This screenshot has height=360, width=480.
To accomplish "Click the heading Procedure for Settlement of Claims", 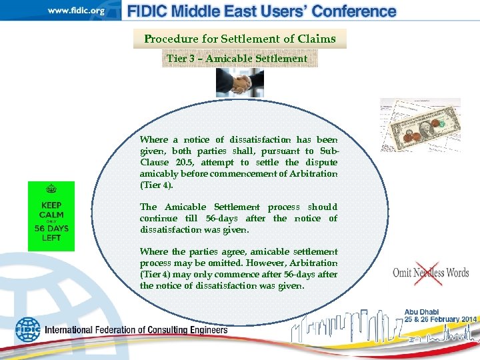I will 240,39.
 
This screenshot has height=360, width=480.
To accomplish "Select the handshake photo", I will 240,83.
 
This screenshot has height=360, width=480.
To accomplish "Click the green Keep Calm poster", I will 51,216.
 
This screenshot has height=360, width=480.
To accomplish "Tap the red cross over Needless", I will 428,273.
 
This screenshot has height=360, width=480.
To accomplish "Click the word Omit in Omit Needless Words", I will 403,273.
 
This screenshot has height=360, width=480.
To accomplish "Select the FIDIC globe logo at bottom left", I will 28,329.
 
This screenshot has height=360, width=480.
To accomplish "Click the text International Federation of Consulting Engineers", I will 136,330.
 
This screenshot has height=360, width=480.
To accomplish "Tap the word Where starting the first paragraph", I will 154,140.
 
